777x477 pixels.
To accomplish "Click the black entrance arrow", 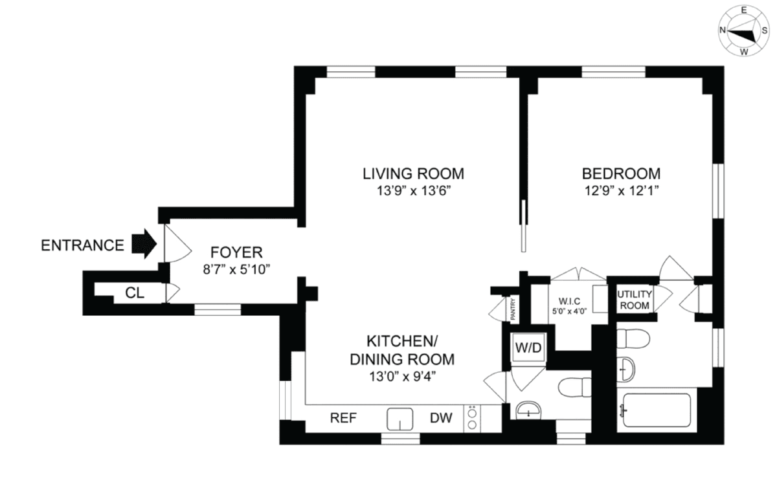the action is (144, 244).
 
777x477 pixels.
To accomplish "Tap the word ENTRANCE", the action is (83, 245).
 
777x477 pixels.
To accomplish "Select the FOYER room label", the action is (236, 252).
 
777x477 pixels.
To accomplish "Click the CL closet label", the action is (135, 293).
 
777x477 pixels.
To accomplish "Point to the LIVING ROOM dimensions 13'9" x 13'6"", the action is (414, 191).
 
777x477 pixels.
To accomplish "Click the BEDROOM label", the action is (621, 173).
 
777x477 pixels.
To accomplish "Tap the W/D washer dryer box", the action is (528, 348).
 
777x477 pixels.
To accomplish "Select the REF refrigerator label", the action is (343, 418).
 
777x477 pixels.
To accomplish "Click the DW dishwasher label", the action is (441, 418).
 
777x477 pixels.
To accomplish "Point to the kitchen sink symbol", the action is (400, 419).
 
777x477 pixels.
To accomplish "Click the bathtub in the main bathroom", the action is (657, 410).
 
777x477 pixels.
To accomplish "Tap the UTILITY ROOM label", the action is (635, 300).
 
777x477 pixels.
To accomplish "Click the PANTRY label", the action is (513, 309).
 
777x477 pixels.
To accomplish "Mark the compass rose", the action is (743, 31).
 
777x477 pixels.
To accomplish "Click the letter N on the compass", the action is (723, 30).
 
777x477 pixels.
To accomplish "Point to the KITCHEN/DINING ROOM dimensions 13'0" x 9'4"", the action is (402, 377).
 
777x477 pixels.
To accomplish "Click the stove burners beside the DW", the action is (472, 419).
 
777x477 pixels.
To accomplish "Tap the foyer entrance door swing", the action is (177, 244).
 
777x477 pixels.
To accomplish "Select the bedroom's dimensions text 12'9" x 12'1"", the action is (622, 191).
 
